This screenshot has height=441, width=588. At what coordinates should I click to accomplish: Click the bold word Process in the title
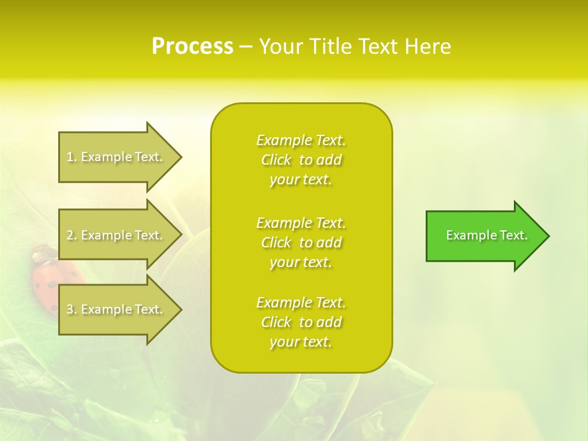coord(192,47)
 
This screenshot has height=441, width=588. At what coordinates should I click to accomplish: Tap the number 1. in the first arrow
coord(72,157)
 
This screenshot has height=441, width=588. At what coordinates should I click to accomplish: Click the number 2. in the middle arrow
coord(72,235)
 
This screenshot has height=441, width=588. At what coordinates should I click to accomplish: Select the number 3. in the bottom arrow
coord(72,309)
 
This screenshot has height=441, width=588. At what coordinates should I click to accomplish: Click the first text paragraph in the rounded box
coord(301,160)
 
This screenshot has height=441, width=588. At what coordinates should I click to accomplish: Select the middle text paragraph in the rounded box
coord(301,243)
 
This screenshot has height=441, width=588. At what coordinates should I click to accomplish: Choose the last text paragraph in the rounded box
coord(301,322)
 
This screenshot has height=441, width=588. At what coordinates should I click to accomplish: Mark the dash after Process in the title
coord(246,47)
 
